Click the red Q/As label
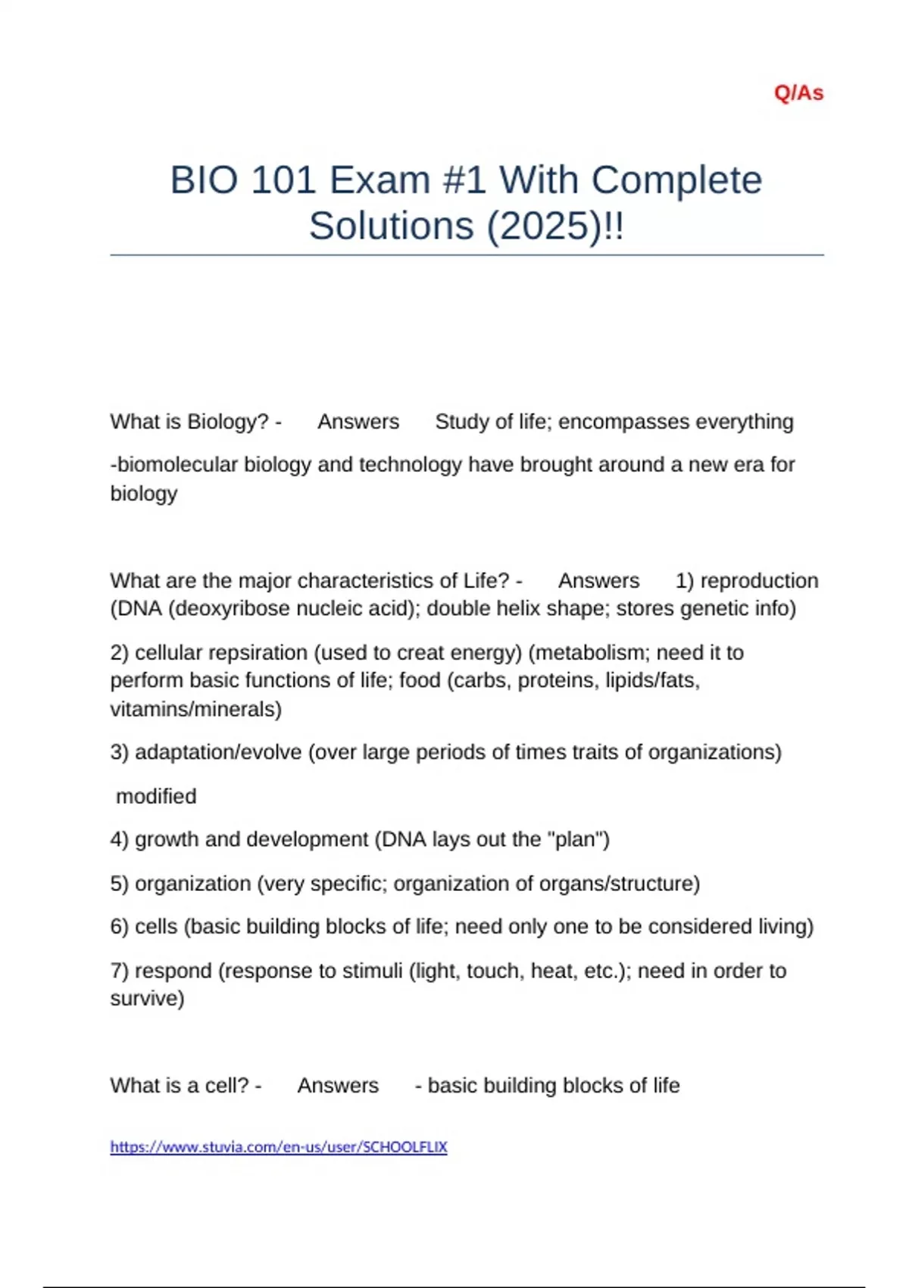tap(798, 93)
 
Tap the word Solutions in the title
tap(391, 226)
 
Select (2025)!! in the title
tap(555, 226)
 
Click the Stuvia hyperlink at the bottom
tap(279, 1147)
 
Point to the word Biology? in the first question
tap(228, 421)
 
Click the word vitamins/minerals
tap(195, 709)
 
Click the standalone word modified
tap(156, 796)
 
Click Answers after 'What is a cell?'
tap(338, 1086)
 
